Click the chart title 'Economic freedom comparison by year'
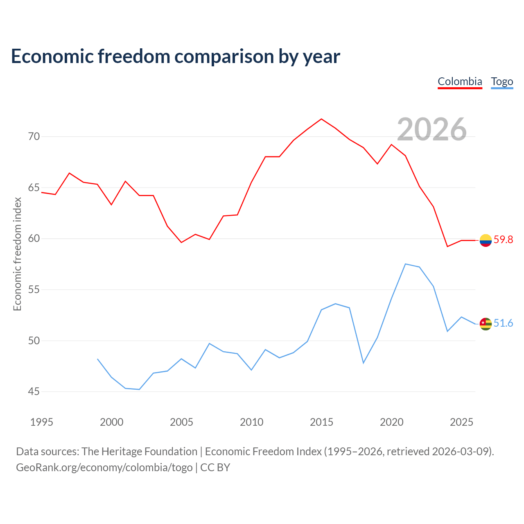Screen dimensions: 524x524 (x=175, y=56)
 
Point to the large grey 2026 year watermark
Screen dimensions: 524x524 (x=432, y=129)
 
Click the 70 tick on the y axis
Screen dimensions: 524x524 (x=34, y=136)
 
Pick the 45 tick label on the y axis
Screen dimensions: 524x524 (x=34, y=391)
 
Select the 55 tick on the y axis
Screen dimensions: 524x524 (x=34, y=289)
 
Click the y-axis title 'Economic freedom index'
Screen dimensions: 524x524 (x=17, y=254)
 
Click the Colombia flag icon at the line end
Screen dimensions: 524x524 (x=486, y=240)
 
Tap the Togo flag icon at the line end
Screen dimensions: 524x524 (x=486, y=324)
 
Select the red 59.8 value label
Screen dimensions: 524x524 (x=503, y=239)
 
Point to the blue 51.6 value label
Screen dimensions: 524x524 (x=503, y=323)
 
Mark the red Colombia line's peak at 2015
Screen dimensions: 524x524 (x=321, y=119)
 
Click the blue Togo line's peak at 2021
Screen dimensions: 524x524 (x=405, y=264)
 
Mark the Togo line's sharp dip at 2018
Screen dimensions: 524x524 (x=363, y=363)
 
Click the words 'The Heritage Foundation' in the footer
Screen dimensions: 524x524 (x=140, y=452)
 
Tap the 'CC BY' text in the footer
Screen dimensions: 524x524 (x=215, y=468)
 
